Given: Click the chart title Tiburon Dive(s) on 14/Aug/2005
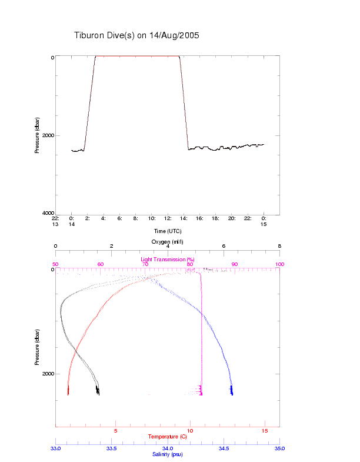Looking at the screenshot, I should point(136,35).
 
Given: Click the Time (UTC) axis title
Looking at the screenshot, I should point(168,231).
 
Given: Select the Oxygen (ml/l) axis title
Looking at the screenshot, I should point(168,241).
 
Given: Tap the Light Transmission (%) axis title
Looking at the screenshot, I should point(168,260).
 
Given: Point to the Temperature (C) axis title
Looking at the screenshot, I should point(168,437).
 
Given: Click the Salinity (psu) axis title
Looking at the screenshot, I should point(168,454).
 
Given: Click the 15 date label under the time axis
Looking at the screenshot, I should point(264,224).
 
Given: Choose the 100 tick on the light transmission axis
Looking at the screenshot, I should point(279,264).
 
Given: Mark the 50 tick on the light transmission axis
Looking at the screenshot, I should point(56,264).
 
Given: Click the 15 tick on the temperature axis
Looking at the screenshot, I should point(264,431).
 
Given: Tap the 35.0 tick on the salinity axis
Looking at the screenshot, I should point(279,448).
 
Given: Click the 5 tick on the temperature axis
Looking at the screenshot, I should point(115,431).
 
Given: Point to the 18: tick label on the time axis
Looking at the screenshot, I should point(216,218).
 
